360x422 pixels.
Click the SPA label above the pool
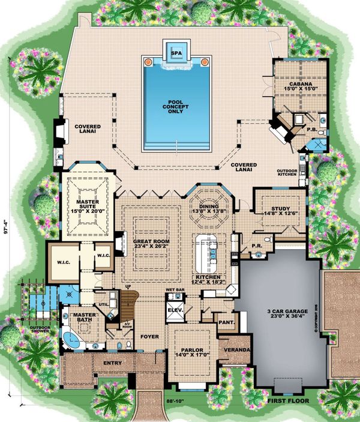click(176, 53)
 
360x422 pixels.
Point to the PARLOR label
click(192, 350)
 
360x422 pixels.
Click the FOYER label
click(150, 337)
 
